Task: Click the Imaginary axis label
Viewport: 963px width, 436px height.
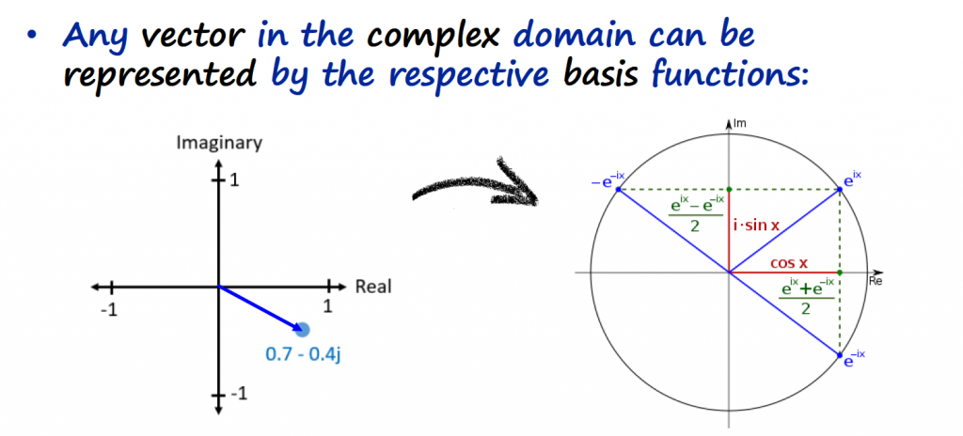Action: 218,143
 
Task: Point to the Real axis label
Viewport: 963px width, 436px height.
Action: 373,287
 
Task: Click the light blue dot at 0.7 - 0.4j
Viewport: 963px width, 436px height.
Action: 301,328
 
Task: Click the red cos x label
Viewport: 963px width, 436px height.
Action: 789,264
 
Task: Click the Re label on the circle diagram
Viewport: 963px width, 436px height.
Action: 876,281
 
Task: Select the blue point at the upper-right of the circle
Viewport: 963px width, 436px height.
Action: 840,190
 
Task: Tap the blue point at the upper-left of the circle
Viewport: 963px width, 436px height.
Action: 618,190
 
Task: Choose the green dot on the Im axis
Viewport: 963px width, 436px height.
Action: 729,190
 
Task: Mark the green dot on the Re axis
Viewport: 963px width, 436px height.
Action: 840,272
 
